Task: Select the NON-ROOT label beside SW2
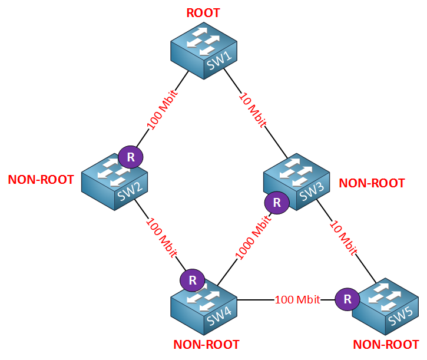[41, 180]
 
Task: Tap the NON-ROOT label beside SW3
[372, 183]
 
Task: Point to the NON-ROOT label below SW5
[386, 345]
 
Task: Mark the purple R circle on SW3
[276, 203]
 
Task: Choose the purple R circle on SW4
[191, 280]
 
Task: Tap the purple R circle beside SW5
[347, 299]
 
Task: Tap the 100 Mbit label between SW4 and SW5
[297, 300]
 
